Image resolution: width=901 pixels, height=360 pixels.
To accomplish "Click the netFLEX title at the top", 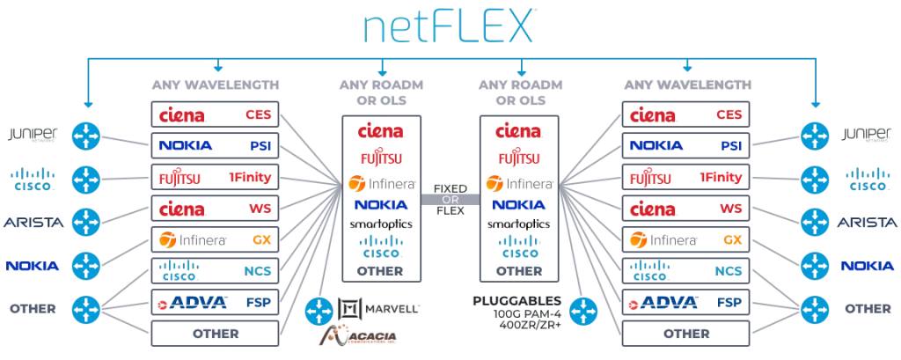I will click(450, 26).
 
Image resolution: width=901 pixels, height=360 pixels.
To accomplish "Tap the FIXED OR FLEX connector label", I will click(450, 199).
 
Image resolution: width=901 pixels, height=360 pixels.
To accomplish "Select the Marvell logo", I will click(379, 308).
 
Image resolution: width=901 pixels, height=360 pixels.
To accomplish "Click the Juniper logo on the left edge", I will click(33, 135).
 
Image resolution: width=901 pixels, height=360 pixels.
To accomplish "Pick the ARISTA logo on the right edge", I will click(867, 222).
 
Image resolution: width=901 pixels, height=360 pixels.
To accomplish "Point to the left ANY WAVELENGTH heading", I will click(216, 85).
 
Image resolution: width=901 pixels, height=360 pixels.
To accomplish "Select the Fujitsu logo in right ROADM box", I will click(519, 158).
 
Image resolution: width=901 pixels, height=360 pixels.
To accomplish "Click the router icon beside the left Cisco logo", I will click(85, 178).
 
